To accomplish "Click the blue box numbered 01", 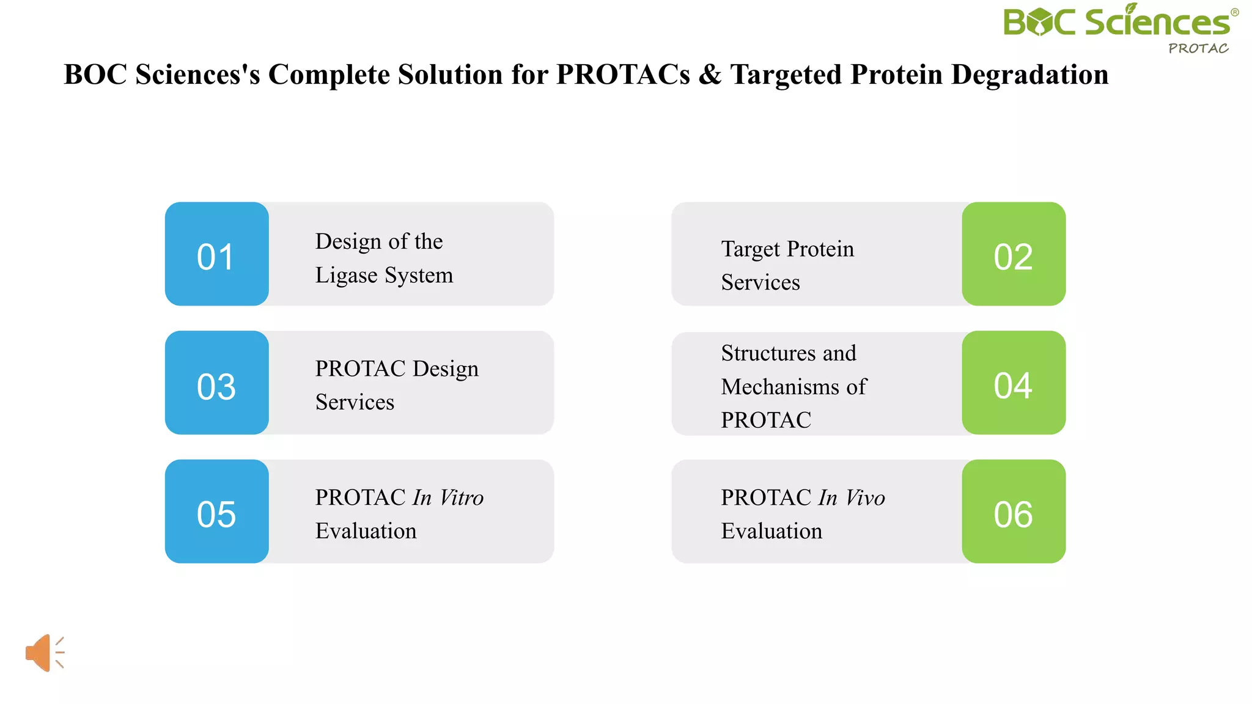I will tap(216, 254).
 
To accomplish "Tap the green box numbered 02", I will tap(1014, 254).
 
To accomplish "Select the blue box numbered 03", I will tap(216, 383).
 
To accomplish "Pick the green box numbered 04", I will tap(1014, 383).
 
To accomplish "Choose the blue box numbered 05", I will tap(216, 512).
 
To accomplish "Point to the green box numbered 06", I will tap(1014, 512).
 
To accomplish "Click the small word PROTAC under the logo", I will tap(1198, 49).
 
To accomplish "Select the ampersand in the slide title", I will tap(710, 75).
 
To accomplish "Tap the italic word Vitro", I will tap(462, 497).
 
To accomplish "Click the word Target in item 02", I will tap(751, 249).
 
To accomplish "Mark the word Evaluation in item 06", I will tap(771, 531).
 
